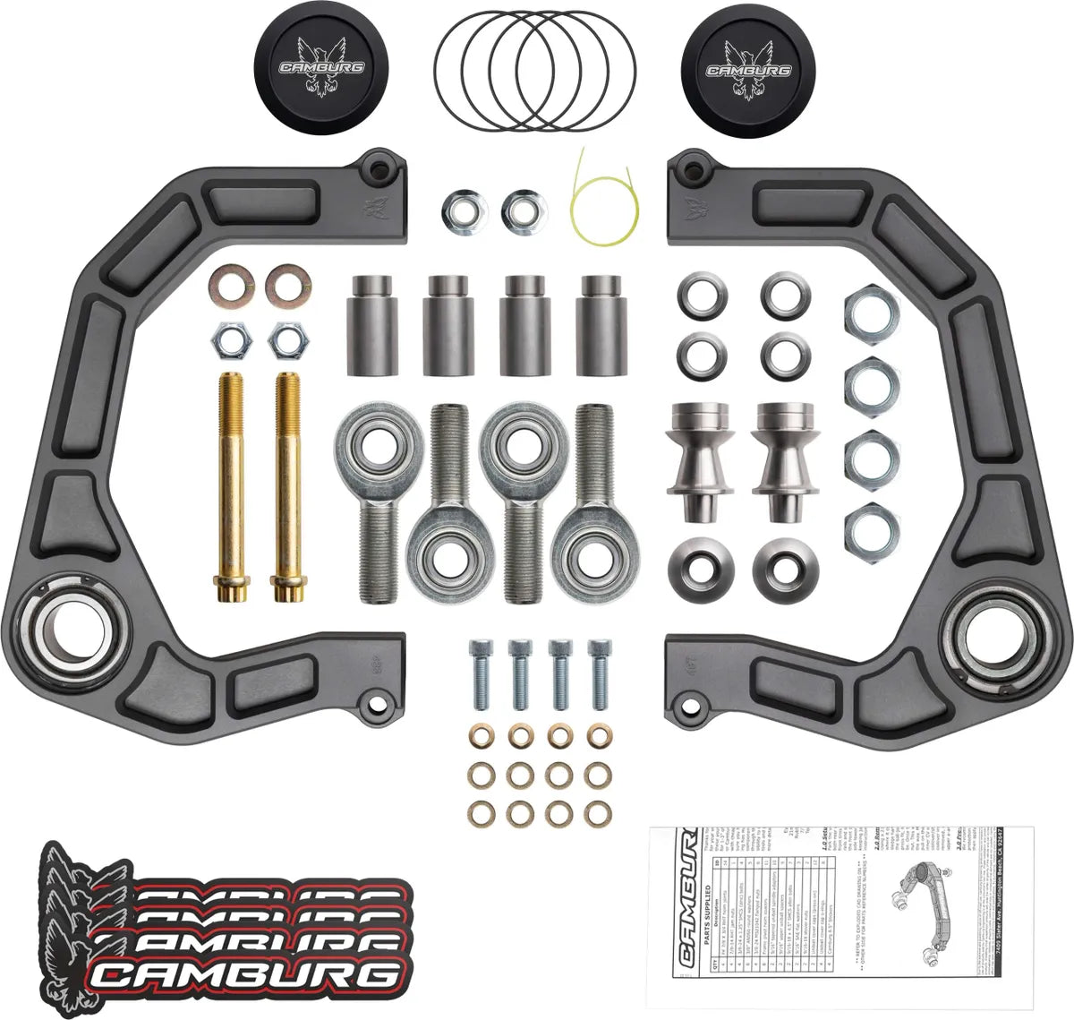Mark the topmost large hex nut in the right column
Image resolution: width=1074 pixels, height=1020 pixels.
(865, 315)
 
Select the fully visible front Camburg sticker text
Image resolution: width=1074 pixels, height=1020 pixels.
(246, 976)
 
